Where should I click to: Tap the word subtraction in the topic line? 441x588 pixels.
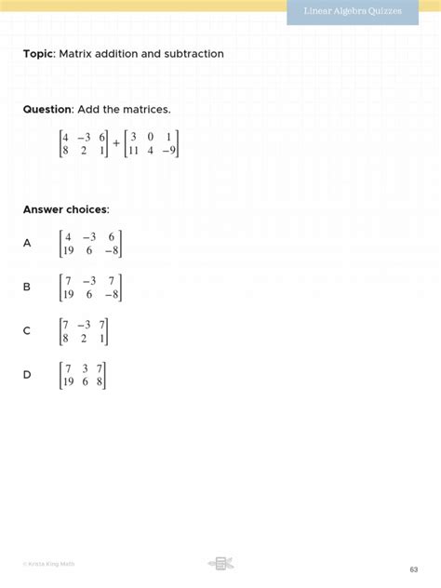click(194, 54)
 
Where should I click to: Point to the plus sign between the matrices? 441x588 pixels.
click(116, 144)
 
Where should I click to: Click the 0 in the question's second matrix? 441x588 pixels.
click(151, 136)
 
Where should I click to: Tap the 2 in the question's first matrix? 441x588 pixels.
click(84, 151)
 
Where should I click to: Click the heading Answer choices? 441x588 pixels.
click(66, 209)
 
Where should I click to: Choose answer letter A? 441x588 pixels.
click(27, 243)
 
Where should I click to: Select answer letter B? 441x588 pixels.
click(27, 287)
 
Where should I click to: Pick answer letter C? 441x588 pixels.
click(27, 330)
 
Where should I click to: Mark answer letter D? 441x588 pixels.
click(27, 374)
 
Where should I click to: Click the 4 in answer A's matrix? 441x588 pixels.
click(68, 236)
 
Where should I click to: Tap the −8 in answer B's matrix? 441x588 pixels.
click(111, 295)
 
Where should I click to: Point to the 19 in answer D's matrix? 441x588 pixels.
click(68, 381)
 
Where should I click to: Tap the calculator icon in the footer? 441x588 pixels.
click(221, 563)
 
